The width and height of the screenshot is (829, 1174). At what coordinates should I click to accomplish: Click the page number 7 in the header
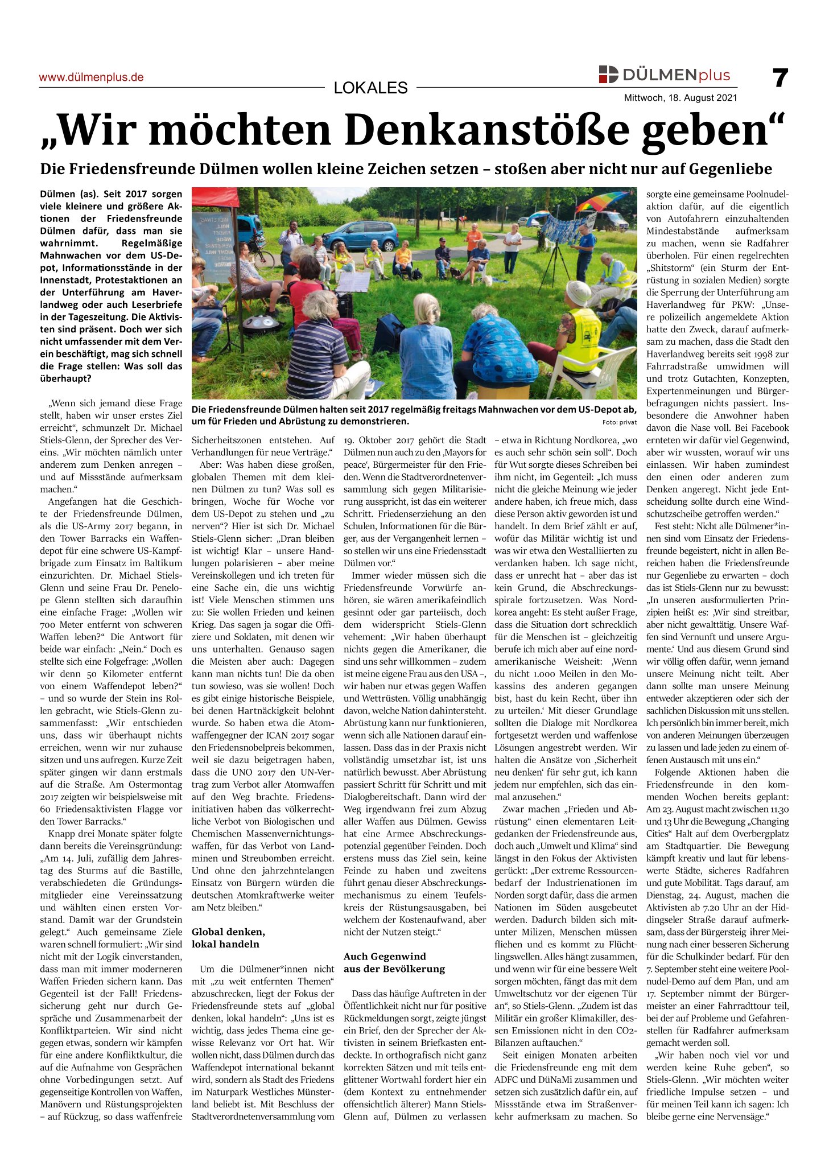780,78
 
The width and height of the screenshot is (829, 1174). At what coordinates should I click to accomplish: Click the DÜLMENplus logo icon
608,75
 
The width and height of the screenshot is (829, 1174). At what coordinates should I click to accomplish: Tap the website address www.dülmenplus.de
91,77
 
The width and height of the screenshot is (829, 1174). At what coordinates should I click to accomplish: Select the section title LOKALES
370,88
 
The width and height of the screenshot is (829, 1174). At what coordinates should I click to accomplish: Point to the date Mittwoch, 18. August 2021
680,98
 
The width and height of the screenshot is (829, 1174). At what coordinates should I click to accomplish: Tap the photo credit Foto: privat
619,422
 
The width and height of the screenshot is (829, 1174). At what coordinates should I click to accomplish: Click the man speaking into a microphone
290,239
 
